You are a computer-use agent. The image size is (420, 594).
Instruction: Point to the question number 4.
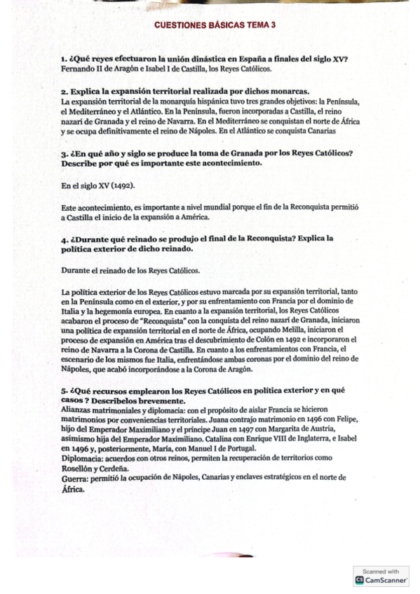pos(64,239)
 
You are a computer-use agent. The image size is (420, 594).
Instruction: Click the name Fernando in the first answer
pos(77,69)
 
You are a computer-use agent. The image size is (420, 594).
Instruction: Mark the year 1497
pos(238,429)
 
